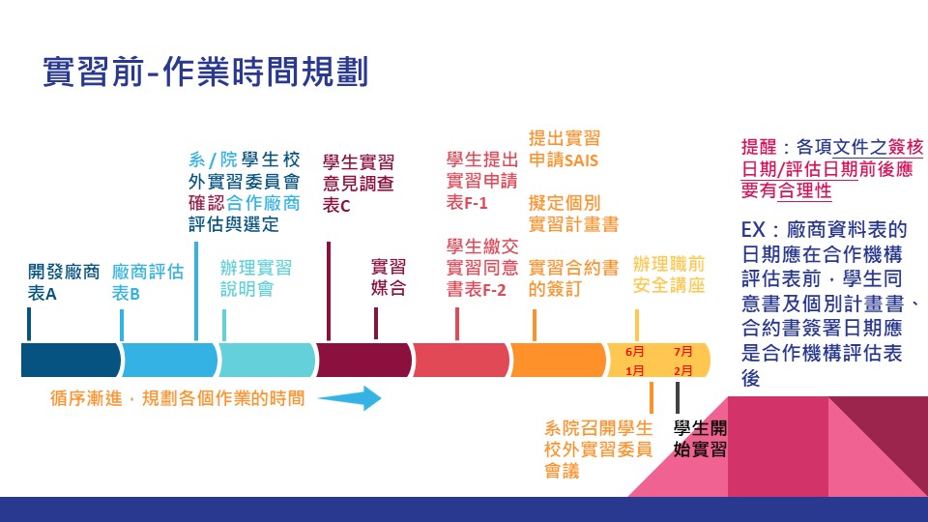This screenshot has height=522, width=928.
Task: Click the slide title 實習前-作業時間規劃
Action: [x=205, y=72]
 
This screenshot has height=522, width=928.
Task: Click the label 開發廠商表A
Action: [x=63, y=282]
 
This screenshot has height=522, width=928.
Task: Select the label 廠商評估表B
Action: [x=147, y=282]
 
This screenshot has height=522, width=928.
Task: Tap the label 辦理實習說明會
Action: [x=255, y=277]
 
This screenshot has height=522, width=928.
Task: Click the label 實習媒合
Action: [x=389, y=277]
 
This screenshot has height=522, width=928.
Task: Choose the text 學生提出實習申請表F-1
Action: [x=481, y=181]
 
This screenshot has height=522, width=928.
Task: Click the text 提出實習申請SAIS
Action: [x=565, y=150]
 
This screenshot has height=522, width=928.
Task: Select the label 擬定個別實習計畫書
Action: [x=573, y=214]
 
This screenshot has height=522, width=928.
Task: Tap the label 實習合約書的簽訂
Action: [x=573, y=277]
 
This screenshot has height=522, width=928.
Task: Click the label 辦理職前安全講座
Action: [x=669, y=275]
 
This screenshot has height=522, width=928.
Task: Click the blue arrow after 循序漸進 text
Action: [x=350, y=397]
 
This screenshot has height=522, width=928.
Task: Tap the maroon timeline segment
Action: [x=363, y=360]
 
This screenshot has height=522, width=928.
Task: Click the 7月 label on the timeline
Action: [x=683, y=351]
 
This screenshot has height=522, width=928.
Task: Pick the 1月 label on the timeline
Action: [x=635, y=370]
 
